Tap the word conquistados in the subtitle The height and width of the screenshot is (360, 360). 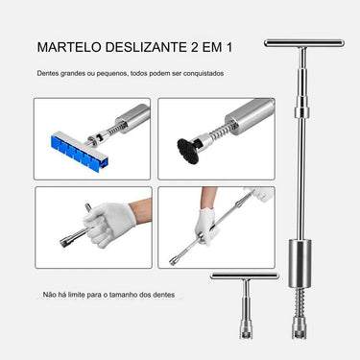[204, 73]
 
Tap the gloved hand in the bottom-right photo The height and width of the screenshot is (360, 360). [259, 199]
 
